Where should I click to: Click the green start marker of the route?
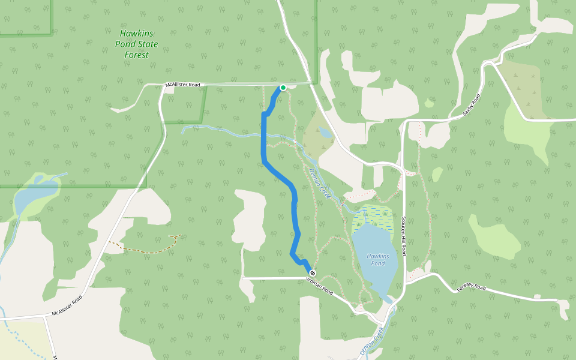[283, 88]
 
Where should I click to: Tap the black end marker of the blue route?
[313, 274]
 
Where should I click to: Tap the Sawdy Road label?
[472, 105]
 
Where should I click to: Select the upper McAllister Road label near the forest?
[182, 85]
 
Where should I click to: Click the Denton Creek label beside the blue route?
[320, 184]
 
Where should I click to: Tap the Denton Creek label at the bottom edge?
[375, 343]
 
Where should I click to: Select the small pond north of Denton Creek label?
[324, 131]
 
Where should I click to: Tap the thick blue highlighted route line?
[264, 138]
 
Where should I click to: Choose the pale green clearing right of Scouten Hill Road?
[495, 234]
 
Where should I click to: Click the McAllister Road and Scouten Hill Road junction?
[401, 163]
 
